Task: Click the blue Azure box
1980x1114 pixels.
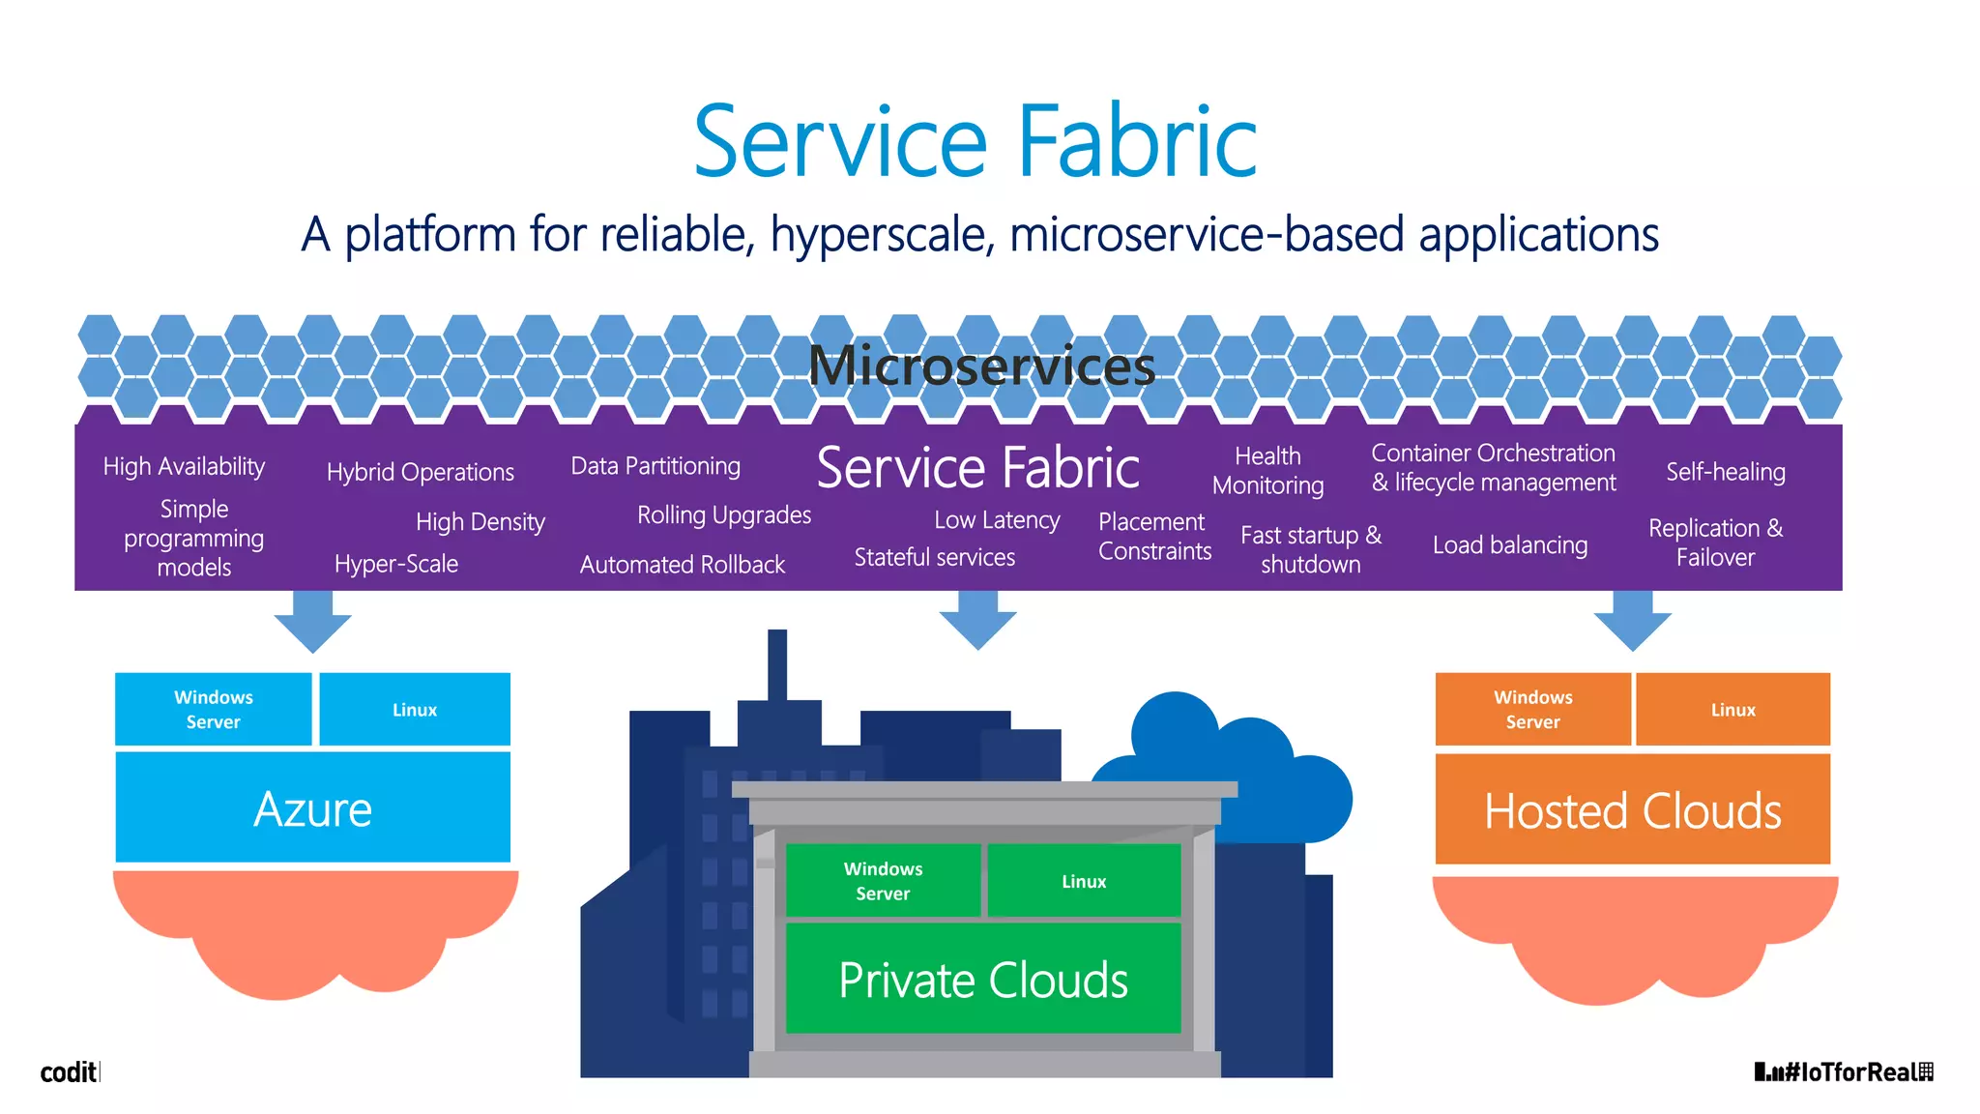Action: tap(312, 808)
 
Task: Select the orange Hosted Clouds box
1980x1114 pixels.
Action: tap(1632, 810)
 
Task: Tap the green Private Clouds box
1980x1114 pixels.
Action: tap(983, 979)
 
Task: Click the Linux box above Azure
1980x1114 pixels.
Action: tap(415, 710)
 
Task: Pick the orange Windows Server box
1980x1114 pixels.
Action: tap(1532, 710)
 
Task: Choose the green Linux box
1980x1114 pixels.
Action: tap(1084, 881)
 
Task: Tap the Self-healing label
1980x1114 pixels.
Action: tap(1725, 472)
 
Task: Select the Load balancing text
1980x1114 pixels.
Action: tap(1509, 545)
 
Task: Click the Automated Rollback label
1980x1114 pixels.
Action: tap(682, 565)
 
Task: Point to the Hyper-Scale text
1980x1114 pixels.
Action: tap(395, 564)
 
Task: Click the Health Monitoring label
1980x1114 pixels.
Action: tap(1267, 471)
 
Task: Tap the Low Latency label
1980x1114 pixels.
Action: tap(997, 520)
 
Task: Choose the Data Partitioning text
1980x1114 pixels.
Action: tap(655, 466)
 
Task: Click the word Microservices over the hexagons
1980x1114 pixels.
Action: tap(981, 366)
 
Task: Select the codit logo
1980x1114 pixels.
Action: tap(69, 1072)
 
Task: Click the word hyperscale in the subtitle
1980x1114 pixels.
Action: tap(882, 235)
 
